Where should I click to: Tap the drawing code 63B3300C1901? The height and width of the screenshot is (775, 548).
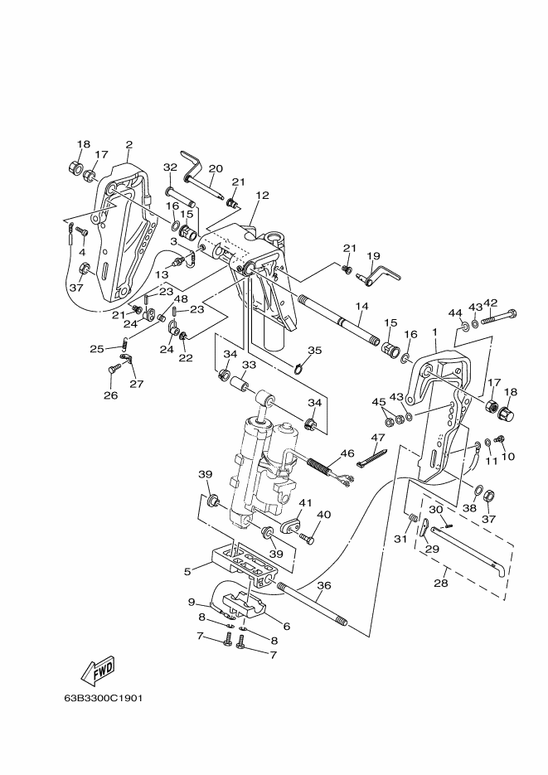[104, 699]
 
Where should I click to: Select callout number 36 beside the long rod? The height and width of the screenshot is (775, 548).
[323, 585]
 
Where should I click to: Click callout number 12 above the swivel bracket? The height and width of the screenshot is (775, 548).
[262, 196]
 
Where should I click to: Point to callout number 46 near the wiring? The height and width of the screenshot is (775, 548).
[347, 453]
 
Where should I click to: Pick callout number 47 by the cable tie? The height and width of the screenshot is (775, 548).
[378, 437]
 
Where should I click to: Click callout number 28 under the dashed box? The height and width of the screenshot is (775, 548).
[441, 584]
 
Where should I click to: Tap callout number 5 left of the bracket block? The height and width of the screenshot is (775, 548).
[187, 571]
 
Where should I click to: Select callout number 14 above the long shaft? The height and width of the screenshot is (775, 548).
[362, 307]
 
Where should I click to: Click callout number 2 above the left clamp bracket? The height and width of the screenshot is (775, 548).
[129, 145]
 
